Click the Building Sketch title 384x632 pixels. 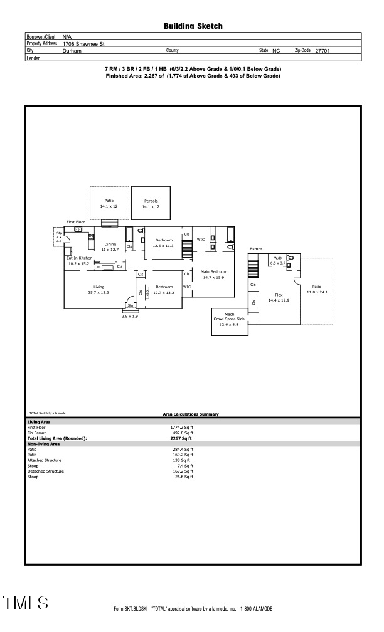pyautogui.click(x=193, y=26)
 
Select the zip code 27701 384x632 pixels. pyautogui.click(x=323, y=51)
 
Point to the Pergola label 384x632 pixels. pyautogui.click(x=151, y=201)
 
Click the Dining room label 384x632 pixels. pyautogui.click(x=110, y=244)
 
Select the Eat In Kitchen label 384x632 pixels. pyautogui.click(x=80, y=258)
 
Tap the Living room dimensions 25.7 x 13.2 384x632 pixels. pyautogui.click(x=99, y=292)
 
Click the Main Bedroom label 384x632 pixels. pyautogui.click(x=213, y=271)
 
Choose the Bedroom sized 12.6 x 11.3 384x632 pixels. pyautogui.click(x=164, y=246)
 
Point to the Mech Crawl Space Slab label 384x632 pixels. pyautogui.click(x=229, y=319)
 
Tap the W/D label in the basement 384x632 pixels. pyautogui.click(x=277, y=258)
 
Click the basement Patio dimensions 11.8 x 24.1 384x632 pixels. pyautogui.click(x=317, y=292)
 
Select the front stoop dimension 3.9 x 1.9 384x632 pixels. pyautogui.click(x=129, y=317)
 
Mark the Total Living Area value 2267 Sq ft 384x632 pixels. pyautogui.click(x=183, y=438)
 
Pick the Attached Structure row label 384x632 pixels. pyautogui.click(x=45, y=460)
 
